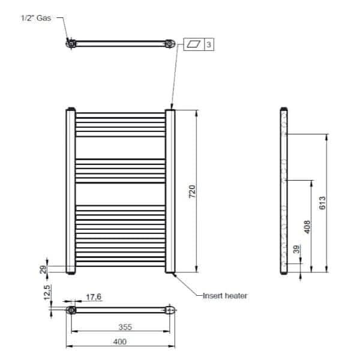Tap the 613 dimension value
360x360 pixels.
pyautogui.click(x=322, y=202)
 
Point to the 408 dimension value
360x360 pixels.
pyautogui.click(x=307, y=229)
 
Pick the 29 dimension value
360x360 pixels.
pyautogui.click(x=43, y=269)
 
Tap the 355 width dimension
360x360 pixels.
pyautogui.click(x=124, y=327)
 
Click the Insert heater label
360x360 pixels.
pyautogui.click(x=226, y=295)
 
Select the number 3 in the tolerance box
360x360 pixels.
pyautogui.click(x=208, y=44)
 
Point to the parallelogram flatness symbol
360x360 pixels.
pyautogui.click(x=194, y=44)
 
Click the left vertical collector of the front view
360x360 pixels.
pyautogui.click(x=70, y=191)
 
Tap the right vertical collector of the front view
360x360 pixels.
pyautogui.click(x=170, y=191)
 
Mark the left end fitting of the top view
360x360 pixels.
pyautogui.click(x=71, y=43)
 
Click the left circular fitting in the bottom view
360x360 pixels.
pyautogui.click(x=71, y=310)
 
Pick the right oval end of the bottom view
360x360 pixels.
pyautogui.click(x=170, y=310)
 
